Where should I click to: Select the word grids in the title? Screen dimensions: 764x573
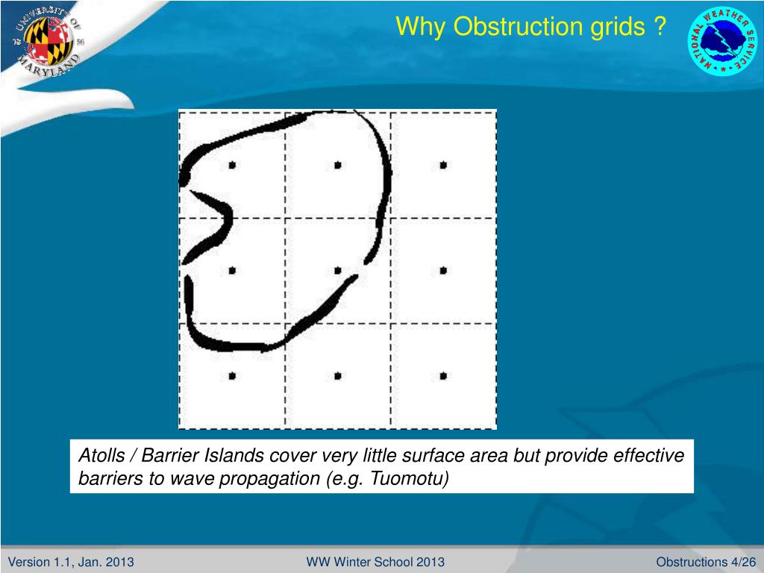coord(618,28)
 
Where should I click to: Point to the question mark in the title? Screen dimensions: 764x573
coord(660,26)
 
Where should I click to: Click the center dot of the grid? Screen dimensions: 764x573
coord(338,270)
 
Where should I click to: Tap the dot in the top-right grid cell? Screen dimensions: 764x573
coord(443,165)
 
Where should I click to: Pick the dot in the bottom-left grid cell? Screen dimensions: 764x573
coord(232,376)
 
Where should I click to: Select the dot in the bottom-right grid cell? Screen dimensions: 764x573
coord(443,376)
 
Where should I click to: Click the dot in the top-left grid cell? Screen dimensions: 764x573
coord(232,165)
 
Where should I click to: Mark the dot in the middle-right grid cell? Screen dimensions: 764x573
coord(443,270)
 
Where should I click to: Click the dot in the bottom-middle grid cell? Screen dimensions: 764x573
coord(338,376)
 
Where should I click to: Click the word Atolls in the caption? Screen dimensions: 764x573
coord(101,455)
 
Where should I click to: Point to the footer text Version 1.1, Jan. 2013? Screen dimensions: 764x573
coord(71,562)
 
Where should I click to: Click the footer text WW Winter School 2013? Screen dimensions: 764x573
coord(375,562)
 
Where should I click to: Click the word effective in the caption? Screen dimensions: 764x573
coord(648,455)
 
